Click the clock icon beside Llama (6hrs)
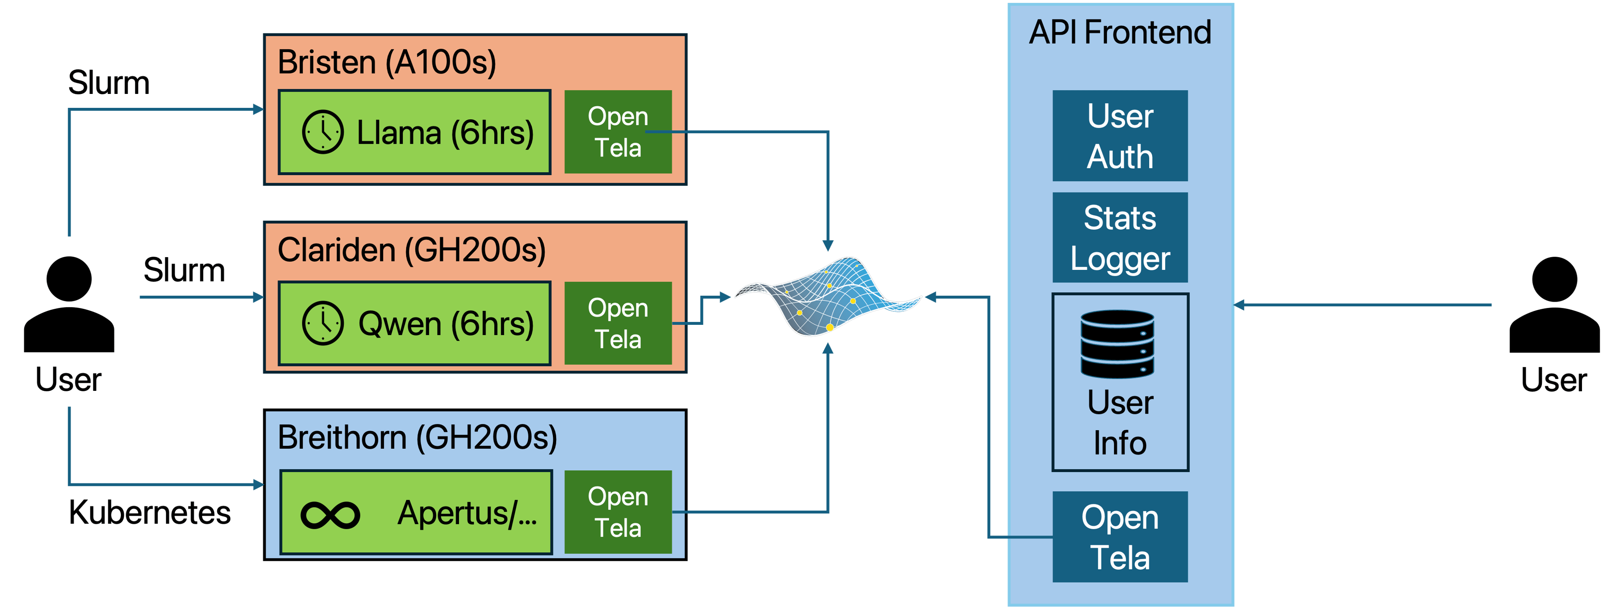coord(322,132)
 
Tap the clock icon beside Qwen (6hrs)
coord(322,323)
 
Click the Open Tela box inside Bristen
coord(618,132)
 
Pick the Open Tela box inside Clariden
coord(618,323)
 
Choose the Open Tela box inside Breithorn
coord(618,512)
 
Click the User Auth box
coord(1120,135)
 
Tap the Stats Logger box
coord(1120,238)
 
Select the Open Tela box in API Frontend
coord(1120,537)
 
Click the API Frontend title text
coord(1120,32)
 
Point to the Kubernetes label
coord(150,512)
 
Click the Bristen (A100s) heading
coord(387,63)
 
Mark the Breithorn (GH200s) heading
coord(418,437)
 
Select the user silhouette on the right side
coord(1555,305)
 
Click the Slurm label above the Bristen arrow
coord(109,82)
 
